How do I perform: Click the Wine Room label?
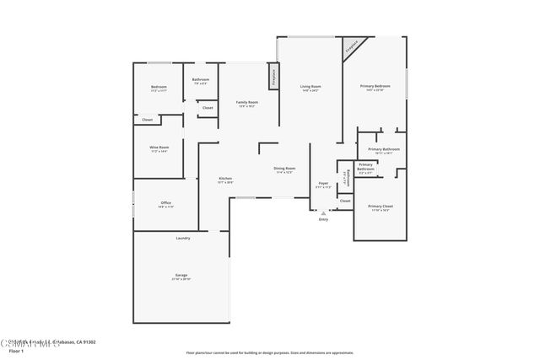click(159, 148)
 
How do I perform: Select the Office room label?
click(166, 203)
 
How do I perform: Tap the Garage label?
click(181, 275)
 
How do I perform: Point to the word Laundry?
click(182, 238)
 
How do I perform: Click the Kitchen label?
click(225, 178)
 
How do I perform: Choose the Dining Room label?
click(284, 169)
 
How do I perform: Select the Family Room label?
click(247, 103)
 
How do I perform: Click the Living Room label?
click(310, 87)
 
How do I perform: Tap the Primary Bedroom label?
click(375, 86)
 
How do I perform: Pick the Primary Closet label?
click(381, 207)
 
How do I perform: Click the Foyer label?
click(323, 183)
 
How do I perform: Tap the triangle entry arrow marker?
click(323, 213)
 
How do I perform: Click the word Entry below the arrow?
click(323, 220)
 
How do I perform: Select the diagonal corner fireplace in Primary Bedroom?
click(353, 46)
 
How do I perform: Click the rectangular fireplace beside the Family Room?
click(273, 75)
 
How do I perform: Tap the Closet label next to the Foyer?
click(345, 201)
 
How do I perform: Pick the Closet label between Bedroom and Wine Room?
click(147, 120)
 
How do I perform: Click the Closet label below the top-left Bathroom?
click(208, 107)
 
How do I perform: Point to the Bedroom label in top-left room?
click(159, 87)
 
